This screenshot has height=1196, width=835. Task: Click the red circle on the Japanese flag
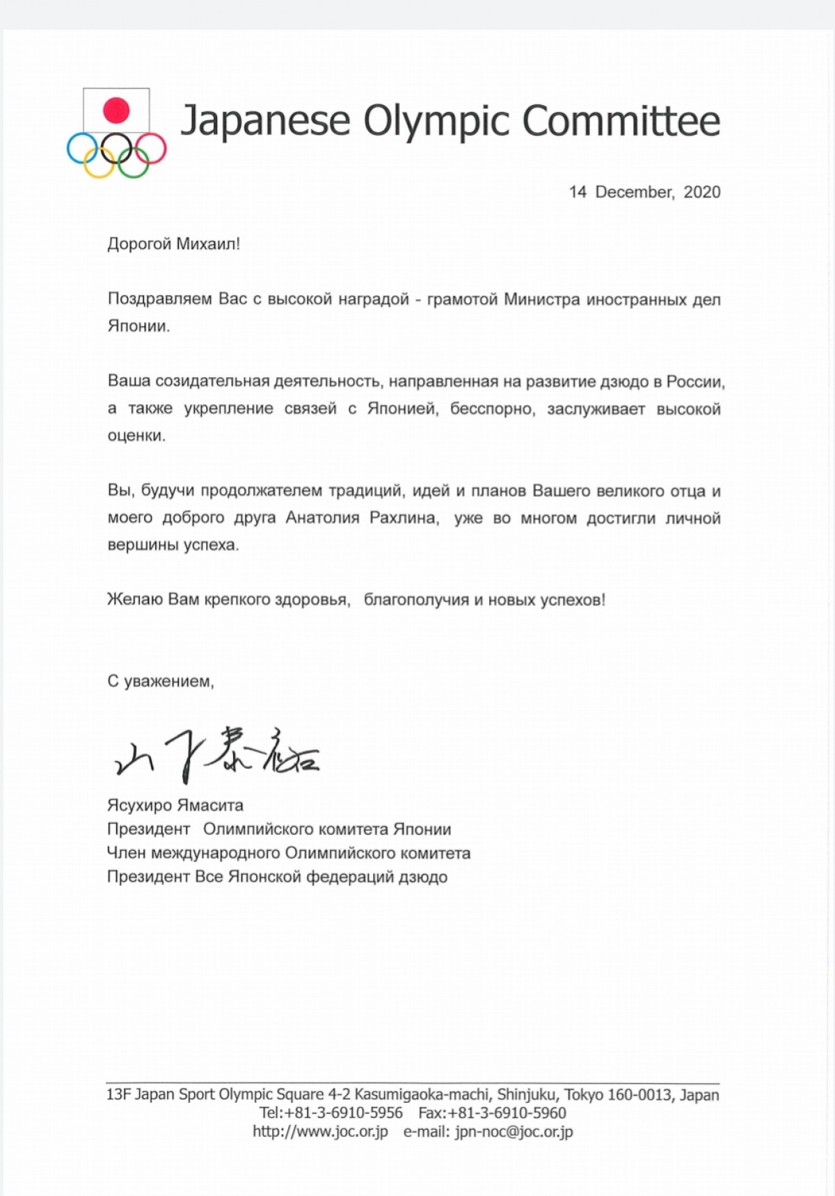pos(116,111)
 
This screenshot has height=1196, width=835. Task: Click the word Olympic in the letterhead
pos(437,121)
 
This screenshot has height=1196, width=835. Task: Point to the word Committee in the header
pos(621,121)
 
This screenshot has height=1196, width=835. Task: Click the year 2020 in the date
pos(701,192)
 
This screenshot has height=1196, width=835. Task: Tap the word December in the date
pos(634,192)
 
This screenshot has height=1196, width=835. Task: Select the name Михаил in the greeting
pos(207,244)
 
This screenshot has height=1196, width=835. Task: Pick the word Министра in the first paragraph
pos(541,299)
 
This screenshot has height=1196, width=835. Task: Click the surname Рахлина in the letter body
pos(402,518)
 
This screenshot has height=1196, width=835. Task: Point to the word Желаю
pos(135,599)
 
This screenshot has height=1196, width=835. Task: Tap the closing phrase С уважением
pos(160,681)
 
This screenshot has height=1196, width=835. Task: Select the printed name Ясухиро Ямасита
pos(175,806)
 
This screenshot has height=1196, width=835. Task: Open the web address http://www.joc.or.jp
pos(320,1132)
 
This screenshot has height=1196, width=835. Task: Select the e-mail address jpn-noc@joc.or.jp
pos(514,1132)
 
